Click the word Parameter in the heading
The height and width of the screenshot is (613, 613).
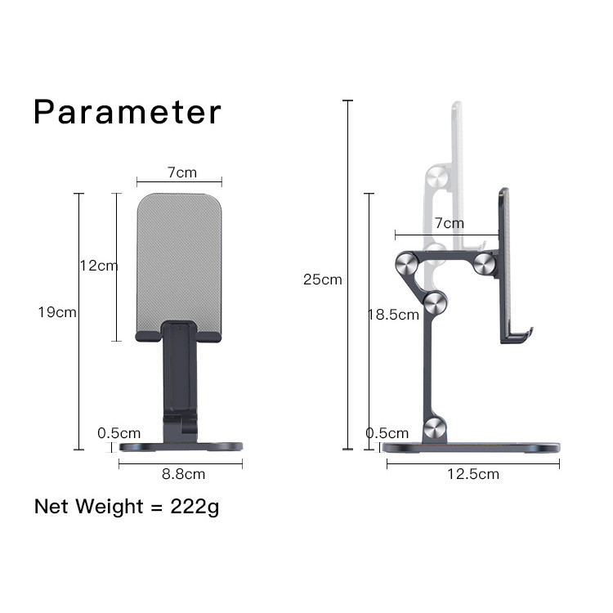(128, 112)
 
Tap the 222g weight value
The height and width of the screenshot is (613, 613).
(195, 507)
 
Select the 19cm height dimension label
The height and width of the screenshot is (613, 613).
(57, 312)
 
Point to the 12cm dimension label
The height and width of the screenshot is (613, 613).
(99, 266)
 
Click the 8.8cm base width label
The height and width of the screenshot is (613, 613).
(183, 474)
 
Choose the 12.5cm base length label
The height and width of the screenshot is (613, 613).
(473, 474)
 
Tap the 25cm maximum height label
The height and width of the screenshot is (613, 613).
(323, 280)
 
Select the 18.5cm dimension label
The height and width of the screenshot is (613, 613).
(394, 315)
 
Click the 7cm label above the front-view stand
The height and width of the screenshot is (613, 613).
(182, 172)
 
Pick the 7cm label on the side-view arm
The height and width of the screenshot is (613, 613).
(450, 223)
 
